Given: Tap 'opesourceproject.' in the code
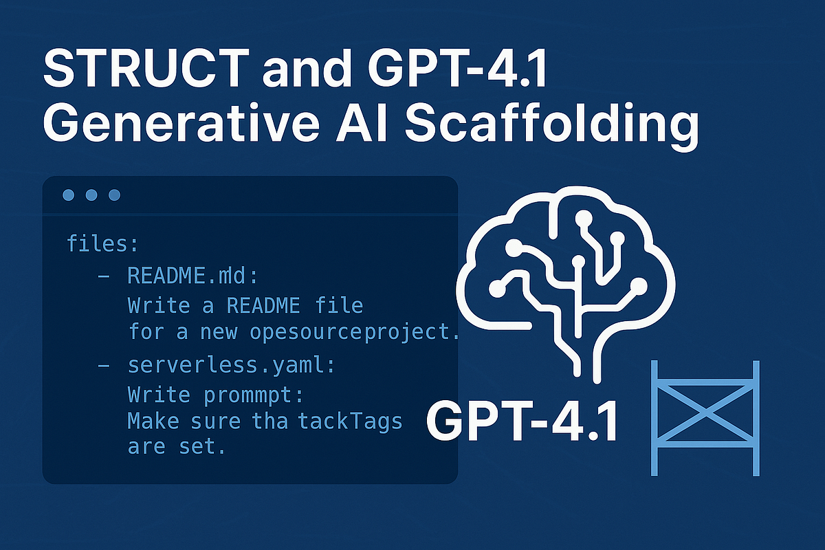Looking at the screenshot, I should (353, 332).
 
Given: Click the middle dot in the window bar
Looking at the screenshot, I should (91, 195).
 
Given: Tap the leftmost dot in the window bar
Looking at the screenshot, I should (69, 195).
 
